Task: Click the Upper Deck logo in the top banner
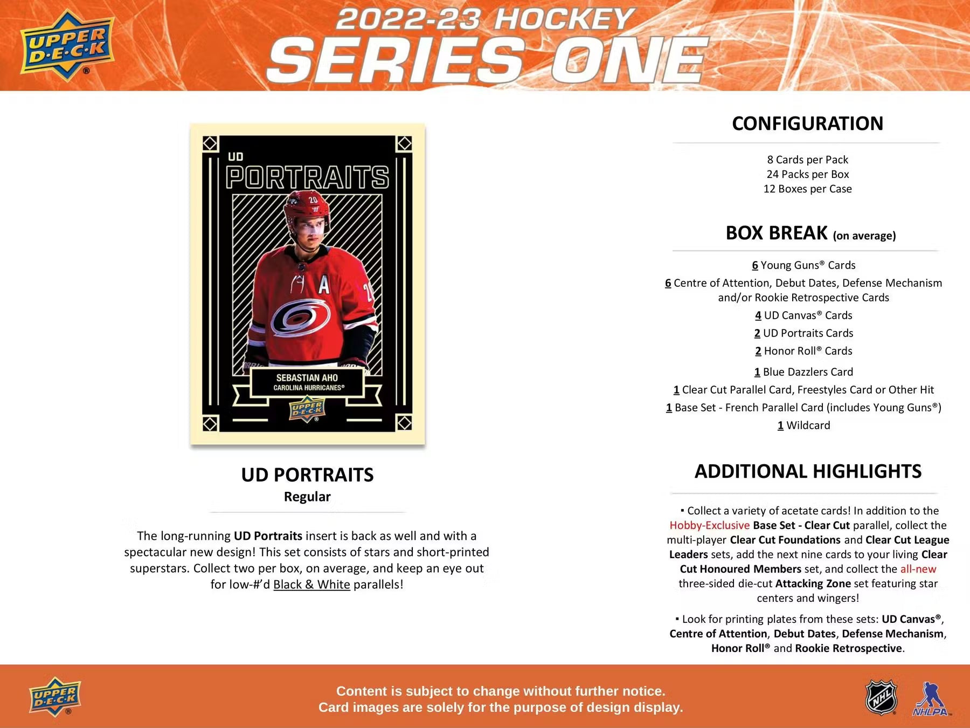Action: (x=67, y=45)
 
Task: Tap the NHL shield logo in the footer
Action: (x=881, y=697)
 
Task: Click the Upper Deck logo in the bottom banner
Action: (x=55, y=696)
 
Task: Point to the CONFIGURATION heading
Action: (x=807, y=123)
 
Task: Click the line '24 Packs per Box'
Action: (x=807, y=174)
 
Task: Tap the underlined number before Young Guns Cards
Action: (x=755, y=265)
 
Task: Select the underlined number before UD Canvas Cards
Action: (x=758, y=315)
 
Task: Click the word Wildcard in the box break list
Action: (x=808, y=425)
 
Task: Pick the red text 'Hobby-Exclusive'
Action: (x=709, y=525)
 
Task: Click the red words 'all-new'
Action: (x=918, y=569)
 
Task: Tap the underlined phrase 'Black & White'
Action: (x=311, y=585)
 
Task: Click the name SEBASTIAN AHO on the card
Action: (x=307, y=377)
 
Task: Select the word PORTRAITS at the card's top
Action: (x=307, y=177)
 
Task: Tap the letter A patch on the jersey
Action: (x=323, y=285)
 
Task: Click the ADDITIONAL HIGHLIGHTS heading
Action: (x=807, y=471)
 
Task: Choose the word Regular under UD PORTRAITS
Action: (x=307, y=497)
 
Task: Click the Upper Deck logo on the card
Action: (x=307, y=410)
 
